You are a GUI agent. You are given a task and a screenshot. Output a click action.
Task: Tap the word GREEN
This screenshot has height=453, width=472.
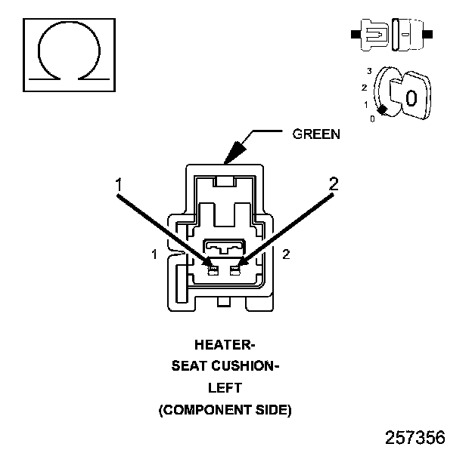coord(316,134)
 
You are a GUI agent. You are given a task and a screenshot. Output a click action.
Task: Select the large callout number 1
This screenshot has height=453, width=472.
coord(119,183)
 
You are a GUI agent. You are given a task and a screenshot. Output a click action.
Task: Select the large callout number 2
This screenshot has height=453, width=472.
coord(333,183)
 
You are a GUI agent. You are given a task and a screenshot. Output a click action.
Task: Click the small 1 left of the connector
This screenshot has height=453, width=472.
coord(154,254)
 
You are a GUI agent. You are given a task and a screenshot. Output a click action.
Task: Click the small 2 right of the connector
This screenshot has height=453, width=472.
coord(285,254)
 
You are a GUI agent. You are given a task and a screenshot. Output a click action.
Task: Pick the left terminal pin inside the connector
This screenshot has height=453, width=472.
coord(213,270)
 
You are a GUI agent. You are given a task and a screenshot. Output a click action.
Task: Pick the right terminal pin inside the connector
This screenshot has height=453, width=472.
coord(236,270)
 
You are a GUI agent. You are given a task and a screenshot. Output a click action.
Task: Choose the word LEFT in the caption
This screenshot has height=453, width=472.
coord(225,388)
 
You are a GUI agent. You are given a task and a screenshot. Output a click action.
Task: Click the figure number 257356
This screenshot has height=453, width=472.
coord(415,437)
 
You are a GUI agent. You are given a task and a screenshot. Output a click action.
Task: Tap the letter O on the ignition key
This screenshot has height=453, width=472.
coord(411,97)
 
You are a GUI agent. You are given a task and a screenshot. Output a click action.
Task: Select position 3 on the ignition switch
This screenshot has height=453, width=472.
coord(368,70)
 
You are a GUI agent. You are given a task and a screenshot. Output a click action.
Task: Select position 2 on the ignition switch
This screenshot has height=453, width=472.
coord(364,88)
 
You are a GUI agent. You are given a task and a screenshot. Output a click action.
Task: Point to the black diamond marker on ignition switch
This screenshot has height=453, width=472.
coord(383,110)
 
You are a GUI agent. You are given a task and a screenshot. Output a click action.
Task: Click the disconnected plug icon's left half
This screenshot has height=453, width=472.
coord(371,35)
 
